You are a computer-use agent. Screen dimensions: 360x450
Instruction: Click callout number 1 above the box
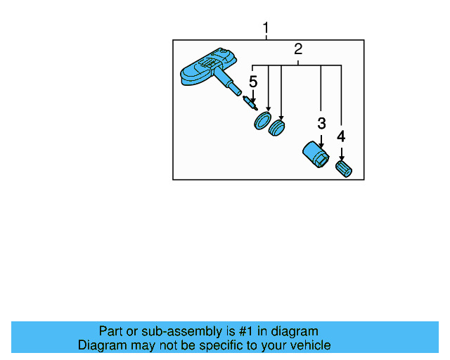(x=266, y=28)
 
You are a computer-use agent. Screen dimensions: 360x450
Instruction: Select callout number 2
(x=298, y=49)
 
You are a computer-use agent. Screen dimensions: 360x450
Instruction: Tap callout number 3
(x=321, y=124)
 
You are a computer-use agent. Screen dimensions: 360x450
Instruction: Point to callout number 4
(x=341, y=136)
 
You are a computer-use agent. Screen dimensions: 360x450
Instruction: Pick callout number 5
(x=253, y=82)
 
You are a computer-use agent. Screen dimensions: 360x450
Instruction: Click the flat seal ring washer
(x=262, y=120)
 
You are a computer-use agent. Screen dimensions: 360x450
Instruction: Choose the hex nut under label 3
(x=315, y=155)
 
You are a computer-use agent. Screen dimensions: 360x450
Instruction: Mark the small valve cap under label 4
(x=344, y=169)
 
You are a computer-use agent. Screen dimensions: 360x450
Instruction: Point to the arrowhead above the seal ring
(x=268, y=107)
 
